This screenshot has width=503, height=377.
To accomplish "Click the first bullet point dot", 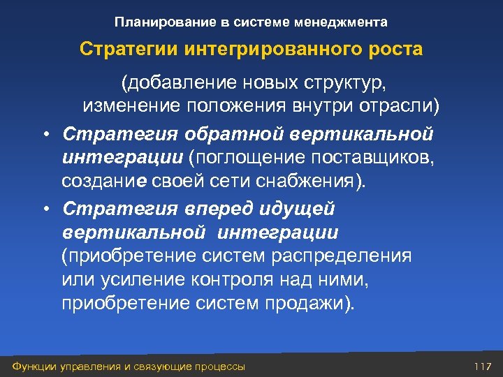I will (45, 133).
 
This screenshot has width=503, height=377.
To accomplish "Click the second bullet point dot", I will (45, 209).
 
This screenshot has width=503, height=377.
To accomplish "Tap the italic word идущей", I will (293, 208).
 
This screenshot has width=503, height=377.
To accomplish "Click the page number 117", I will (483, 367).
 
